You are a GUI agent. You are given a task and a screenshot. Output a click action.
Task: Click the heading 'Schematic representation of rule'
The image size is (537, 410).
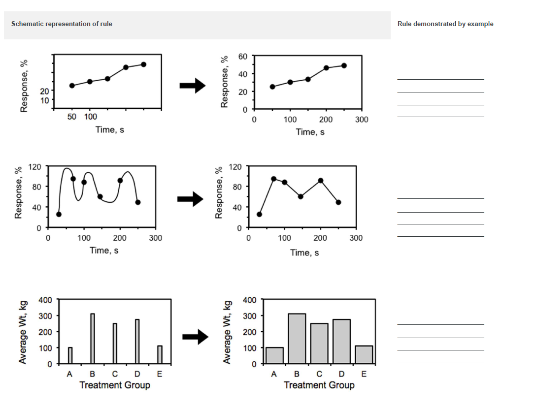pos(62,24)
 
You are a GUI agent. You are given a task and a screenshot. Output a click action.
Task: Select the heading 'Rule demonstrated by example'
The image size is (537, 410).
pos(445,24)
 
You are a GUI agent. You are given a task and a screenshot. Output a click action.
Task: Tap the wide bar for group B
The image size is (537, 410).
pos(297,339)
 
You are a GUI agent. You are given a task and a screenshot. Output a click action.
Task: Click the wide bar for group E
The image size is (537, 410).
pos(364,354)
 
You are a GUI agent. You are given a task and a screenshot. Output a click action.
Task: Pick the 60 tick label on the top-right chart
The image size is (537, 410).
pos(243,56)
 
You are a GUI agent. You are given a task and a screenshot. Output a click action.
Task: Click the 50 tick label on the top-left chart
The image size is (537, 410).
pos(72,117)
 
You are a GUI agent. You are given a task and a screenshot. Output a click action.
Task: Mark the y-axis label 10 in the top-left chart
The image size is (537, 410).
pos(44,100)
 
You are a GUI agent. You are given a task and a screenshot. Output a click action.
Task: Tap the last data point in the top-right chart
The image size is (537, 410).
pos(344,65)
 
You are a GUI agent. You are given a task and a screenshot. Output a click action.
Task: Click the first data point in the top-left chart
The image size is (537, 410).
pos(72,86)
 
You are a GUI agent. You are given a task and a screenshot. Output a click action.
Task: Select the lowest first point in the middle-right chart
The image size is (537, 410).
pos(260,214)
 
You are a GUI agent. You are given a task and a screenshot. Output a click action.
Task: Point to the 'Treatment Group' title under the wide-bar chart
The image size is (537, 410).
pos(319,385)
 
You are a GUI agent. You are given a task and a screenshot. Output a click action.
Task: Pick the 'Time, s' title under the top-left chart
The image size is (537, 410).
pos(110,129)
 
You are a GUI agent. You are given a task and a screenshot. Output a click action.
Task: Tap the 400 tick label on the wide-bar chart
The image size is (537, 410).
pos(250,299)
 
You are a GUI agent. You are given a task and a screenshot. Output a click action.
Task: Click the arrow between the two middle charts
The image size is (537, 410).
pos(190,199)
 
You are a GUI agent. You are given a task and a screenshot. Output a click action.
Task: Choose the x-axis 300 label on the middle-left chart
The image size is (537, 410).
pos(156,238)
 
